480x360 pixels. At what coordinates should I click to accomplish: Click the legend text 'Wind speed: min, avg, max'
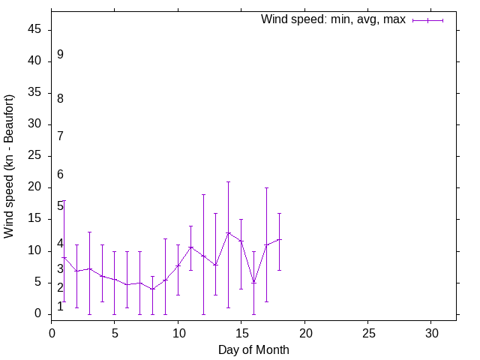point(333,19)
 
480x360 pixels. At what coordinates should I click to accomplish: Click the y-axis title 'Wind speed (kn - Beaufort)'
point(10,166)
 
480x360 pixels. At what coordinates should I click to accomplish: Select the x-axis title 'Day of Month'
point(253,349)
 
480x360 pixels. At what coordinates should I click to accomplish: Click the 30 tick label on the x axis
point(431,331)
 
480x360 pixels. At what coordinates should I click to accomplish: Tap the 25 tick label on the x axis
point(367,331)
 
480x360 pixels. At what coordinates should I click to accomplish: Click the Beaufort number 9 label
point(60,54)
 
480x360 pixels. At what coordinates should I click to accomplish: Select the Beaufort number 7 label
point(60,136)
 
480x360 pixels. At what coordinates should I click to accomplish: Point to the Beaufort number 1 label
point(60,306)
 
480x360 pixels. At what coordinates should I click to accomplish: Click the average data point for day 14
point(229,232)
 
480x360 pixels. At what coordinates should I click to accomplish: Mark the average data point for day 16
point(253,282)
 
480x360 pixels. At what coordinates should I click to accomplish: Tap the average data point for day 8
point(152,289)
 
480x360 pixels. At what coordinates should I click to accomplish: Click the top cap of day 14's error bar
point(229,181)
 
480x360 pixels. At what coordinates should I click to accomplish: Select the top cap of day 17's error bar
point(266,187)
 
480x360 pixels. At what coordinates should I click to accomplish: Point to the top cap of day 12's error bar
point(203,194)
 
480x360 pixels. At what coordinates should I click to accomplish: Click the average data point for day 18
point(279,239)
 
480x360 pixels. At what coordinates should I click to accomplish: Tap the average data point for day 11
point(190,247)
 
